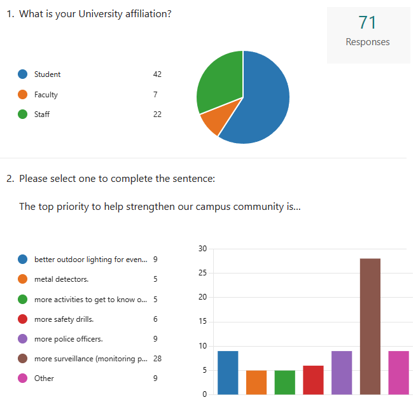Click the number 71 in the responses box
pyautogui.click(x=368, y=23)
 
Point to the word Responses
pyautogui.click(x=368, y=42)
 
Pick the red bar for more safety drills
pyautogui.click(x=313, y=380)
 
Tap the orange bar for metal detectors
pyautogui.click(x=256, y=382)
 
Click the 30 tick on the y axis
pyautogui.click(x=202, y=249)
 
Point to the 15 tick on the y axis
pyautogui.click(x=202, y=322)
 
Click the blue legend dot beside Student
pyautogui.click(x=23, y=74)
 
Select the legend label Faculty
pyautogui.click(x=46, y=95)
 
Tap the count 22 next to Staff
pyautogui.click(x=157, y=114)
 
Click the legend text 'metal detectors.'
pyautogui.click(x=61, y=279)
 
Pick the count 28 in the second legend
pyautogui.click(x=157, y=359)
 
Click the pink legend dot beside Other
pyautogui.click(x=23, y=378)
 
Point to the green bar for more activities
pyautogui.click(x=285, y=382)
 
